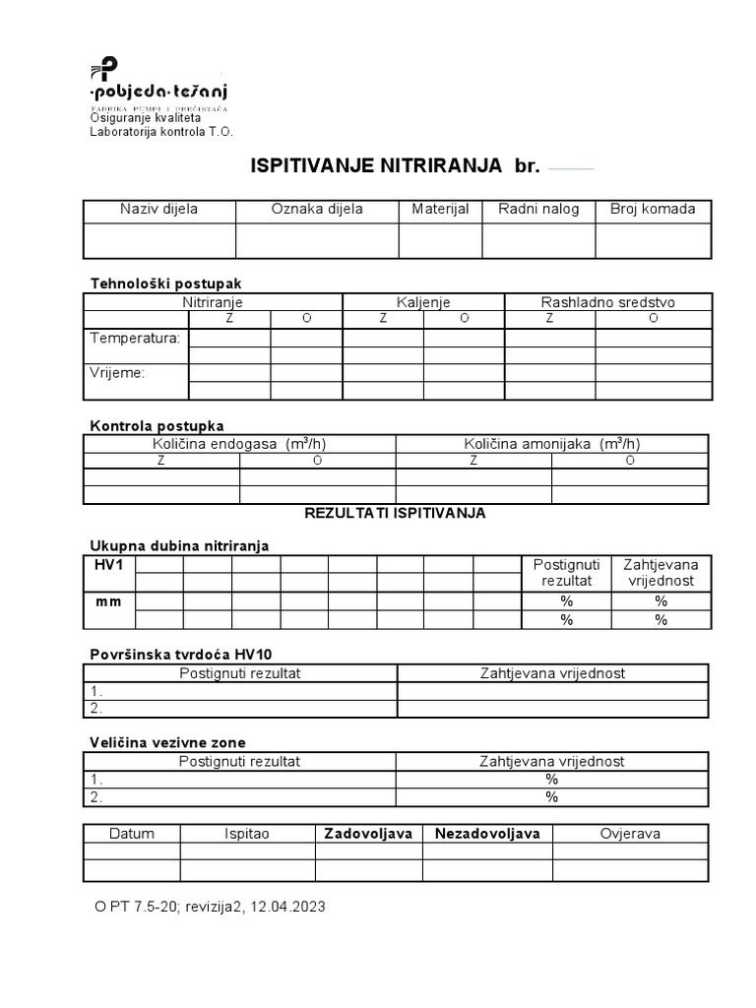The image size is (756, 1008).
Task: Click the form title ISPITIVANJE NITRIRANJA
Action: [378, 165]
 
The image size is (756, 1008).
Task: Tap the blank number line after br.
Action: [571, 168]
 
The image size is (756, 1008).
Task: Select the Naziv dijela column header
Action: [158, 209]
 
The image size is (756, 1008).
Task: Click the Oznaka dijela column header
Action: [317, 209]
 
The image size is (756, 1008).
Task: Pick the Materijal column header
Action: [440, 209]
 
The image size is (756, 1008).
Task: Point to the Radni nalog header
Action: [538, 209]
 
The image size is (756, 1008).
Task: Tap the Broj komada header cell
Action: [653, 209]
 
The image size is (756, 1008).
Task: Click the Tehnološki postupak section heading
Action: [165, 283]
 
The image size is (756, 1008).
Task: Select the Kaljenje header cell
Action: [423, 302]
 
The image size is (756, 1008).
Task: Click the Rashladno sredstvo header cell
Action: [607, 302]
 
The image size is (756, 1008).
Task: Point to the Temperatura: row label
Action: [135, 338]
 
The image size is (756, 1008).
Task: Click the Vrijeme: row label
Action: [117, 373]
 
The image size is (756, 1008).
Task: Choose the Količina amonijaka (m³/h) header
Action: [551, 444]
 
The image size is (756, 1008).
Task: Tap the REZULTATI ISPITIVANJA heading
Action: [395, 513]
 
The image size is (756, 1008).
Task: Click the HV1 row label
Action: [108, 565]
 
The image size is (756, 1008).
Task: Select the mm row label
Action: [108, 601]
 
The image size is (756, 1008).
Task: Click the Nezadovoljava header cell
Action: [487, 834]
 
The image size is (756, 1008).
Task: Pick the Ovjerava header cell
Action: [630, 834]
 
